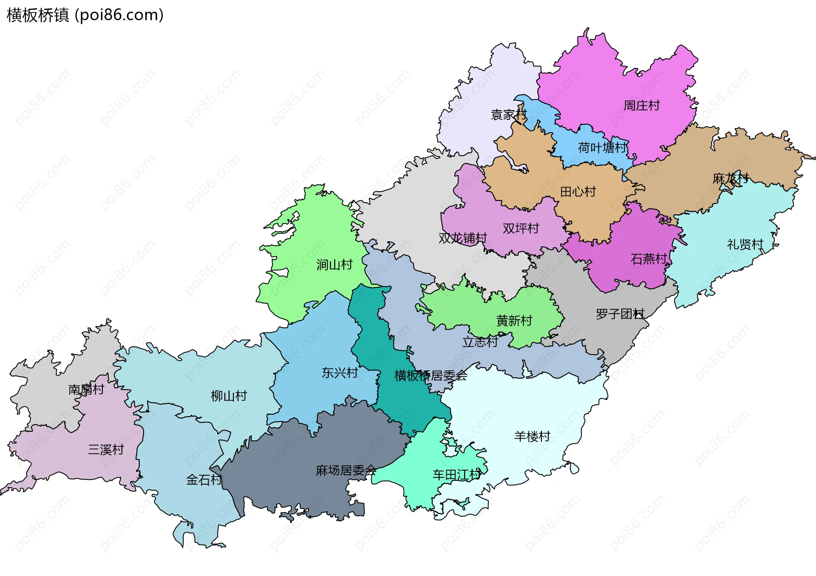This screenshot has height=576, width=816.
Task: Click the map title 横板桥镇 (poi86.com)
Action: pos(85,15)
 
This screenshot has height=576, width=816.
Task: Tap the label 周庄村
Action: pos(641,105)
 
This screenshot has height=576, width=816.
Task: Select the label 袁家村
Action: pos(508,115)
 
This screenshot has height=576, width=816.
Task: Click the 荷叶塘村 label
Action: pos(602,148)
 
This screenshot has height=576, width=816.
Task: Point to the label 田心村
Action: pos(578,192)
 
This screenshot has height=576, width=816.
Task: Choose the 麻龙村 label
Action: pos(730,179)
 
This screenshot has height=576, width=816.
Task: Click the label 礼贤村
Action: pos(745,244)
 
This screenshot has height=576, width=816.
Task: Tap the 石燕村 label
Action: pos(649,259)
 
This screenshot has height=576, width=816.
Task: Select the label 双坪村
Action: pos(521,229)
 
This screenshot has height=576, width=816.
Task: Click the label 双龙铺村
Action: pos(462,238)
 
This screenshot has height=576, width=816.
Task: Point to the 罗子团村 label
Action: pos(620,314)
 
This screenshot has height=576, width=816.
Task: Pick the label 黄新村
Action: pos(514,321)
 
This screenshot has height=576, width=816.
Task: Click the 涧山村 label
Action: pos(334,265)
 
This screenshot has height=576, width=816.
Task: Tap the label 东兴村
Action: pos(340,373)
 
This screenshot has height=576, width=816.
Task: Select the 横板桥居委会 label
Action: pos(431,376)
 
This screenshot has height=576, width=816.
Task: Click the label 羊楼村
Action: pos(532,436)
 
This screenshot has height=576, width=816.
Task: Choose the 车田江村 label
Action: pos(457,475)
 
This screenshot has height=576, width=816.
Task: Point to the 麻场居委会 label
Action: pos(346,471)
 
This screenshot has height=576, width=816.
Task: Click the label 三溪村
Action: pos(105,449)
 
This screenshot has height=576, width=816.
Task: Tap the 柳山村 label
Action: pos(229,396)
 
